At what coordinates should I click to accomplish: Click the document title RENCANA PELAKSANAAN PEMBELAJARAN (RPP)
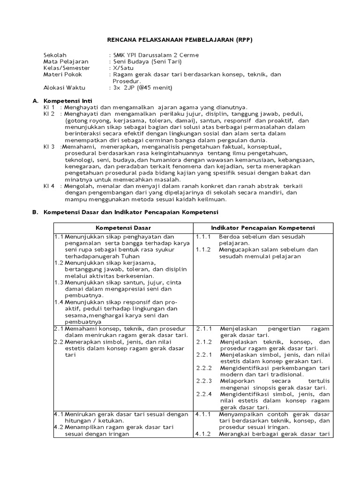[x=180, y=40]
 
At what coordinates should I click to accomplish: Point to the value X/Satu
[x=122, y=67]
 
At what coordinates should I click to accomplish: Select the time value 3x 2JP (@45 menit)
[x=142, y=88]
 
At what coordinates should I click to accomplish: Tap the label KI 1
[x=49, y=107]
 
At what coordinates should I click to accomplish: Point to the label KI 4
[x=49, y=186]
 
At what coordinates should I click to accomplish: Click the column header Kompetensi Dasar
[x=121, y=227]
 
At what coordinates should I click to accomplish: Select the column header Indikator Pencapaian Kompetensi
[x=263, y=227]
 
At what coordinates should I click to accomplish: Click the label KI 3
[x=49, y=146]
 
